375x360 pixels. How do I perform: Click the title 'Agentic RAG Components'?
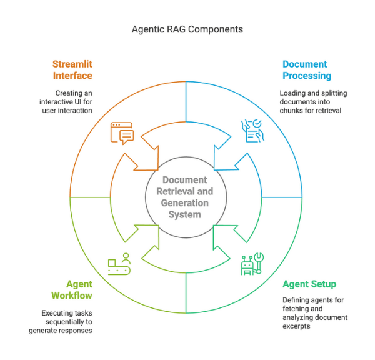[x=187, y=29]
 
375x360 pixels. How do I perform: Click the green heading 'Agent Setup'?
[x=309, y=284]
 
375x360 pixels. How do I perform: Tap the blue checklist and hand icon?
[x=253, y=132]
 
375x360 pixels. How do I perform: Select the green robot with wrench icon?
[x=252, y=264]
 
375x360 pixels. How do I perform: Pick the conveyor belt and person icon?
[x=119, y=264]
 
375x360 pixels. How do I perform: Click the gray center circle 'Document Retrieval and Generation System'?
[x=185, y=197]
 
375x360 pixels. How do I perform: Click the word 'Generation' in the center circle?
[x=185, y=203]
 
